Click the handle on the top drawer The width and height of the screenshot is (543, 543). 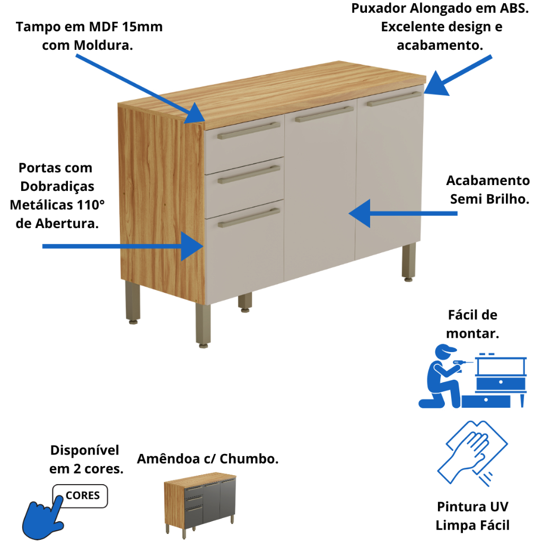(x=249, y=130)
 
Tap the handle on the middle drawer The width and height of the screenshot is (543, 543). (x=249, y=174)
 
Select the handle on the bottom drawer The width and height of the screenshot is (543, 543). (x=249, y=217)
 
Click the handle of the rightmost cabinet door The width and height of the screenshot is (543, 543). (x=394, y=99)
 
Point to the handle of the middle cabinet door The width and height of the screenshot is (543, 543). (x=324, y=115)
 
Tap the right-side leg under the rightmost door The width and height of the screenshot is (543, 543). (x=409, y=262)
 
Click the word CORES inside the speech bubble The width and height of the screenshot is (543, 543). (x=82, y=496)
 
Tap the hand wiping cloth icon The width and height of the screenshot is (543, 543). (x=472, y=453)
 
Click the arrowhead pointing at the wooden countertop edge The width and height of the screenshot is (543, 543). (x=196, y=113)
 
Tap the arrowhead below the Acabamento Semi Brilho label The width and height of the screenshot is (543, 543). (x=360, y=213)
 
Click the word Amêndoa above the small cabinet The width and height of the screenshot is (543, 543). (x=168, y=459)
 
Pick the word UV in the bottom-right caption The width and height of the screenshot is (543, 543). (x=499, y=506)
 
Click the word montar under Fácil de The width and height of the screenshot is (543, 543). (x=472, y=334)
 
